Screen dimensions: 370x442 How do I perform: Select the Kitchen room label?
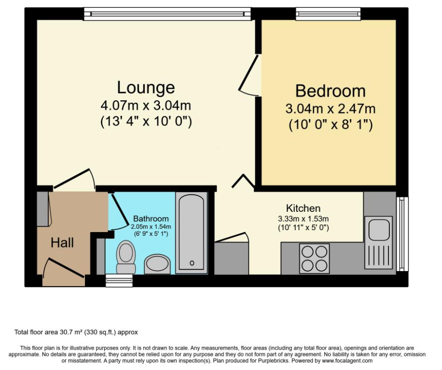[x=303, y=208]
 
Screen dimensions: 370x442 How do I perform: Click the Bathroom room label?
[x=151, y=218]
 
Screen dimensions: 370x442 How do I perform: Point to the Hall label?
[x=62, y=243]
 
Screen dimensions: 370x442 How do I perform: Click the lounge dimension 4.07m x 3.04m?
[x=146, y=106]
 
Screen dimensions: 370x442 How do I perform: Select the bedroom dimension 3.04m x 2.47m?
[x=330, y=109]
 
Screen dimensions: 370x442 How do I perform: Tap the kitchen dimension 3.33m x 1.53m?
[x=303, y=218]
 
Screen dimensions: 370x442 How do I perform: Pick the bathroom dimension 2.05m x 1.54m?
[x=151, y=226]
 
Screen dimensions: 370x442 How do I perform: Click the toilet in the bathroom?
[x=126, y=257]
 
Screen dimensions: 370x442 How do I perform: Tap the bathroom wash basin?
[x=158, y=264]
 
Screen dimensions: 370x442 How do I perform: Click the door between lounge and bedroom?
[x=250, y=75]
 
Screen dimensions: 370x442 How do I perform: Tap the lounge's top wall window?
[x=167, y=14]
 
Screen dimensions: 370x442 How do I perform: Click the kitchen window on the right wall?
[x=401, y=234]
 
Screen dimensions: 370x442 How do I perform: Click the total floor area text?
[x=76, y=332]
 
